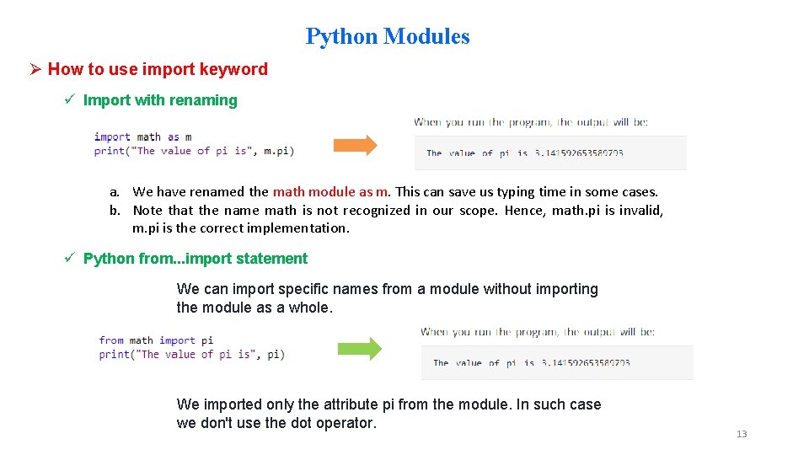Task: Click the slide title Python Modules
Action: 388,36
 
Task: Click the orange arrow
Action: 355,145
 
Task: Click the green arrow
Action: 359,348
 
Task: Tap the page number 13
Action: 742,434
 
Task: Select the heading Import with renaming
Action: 160,100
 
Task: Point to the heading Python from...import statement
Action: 195,259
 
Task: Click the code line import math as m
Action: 142,136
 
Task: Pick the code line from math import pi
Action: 156,340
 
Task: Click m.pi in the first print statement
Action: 276,151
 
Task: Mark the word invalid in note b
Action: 642,211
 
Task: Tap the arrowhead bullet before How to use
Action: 35,70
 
